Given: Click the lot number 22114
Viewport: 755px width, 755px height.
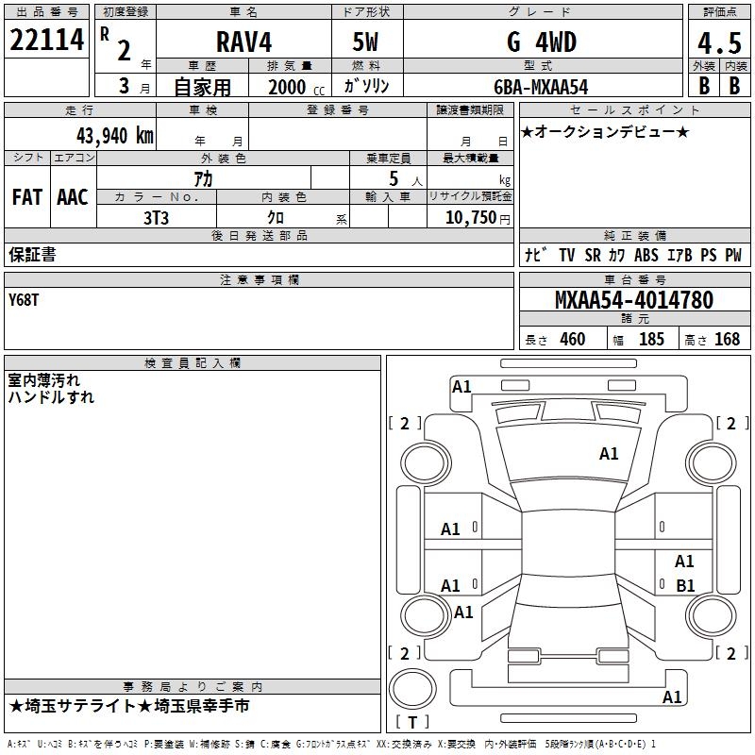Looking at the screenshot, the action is tap(46, 41).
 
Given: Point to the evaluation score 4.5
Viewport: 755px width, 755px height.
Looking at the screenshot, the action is tap(718, 42).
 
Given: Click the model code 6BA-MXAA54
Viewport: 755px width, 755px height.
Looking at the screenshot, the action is tap(540, 87).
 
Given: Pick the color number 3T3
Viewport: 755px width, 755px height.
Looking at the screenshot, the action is tap(156, 217).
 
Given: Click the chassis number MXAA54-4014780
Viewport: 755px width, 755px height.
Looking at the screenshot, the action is tap(633, 300).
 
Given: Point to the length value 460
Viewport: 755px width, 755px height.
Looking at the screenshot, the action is tap(572, 339).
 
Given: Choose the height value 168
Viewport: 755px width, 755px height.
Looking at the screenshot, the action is tap(727, 339).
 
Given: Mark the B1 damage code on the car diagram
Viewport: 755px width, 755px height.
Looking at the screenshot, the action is tap(685, 585).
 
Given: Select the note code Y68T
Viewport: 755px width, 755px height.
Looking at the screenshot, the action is tap(25, 299).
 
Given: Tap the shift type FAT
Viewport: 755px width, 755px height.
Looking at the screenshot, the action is tap(27, 197).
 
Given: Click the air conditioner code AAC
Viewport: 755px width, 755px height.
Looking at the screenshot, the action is tap(73, 197).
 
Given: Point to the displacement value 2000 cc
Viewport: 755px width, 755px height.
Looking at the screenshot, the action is tap(294, 88).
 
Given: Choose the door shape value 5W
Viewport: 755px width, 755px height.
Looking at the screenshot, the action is tap(367, 42).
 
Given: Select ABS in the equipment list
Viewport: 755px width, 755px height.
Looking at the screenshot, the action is tap(646, 255).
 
